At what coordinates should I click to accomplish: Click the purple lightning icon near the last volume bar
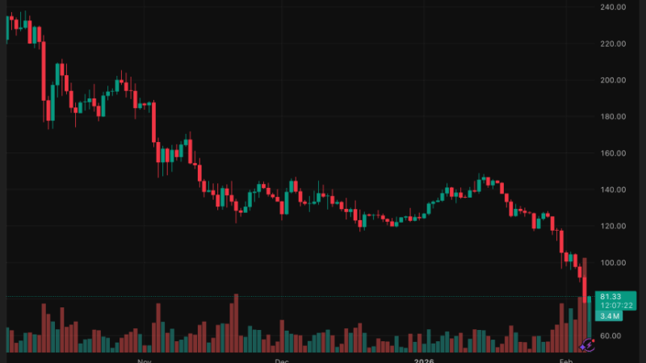click(587, 344)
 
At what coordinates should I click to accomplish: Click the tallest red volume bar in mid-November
click(236, 323)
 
